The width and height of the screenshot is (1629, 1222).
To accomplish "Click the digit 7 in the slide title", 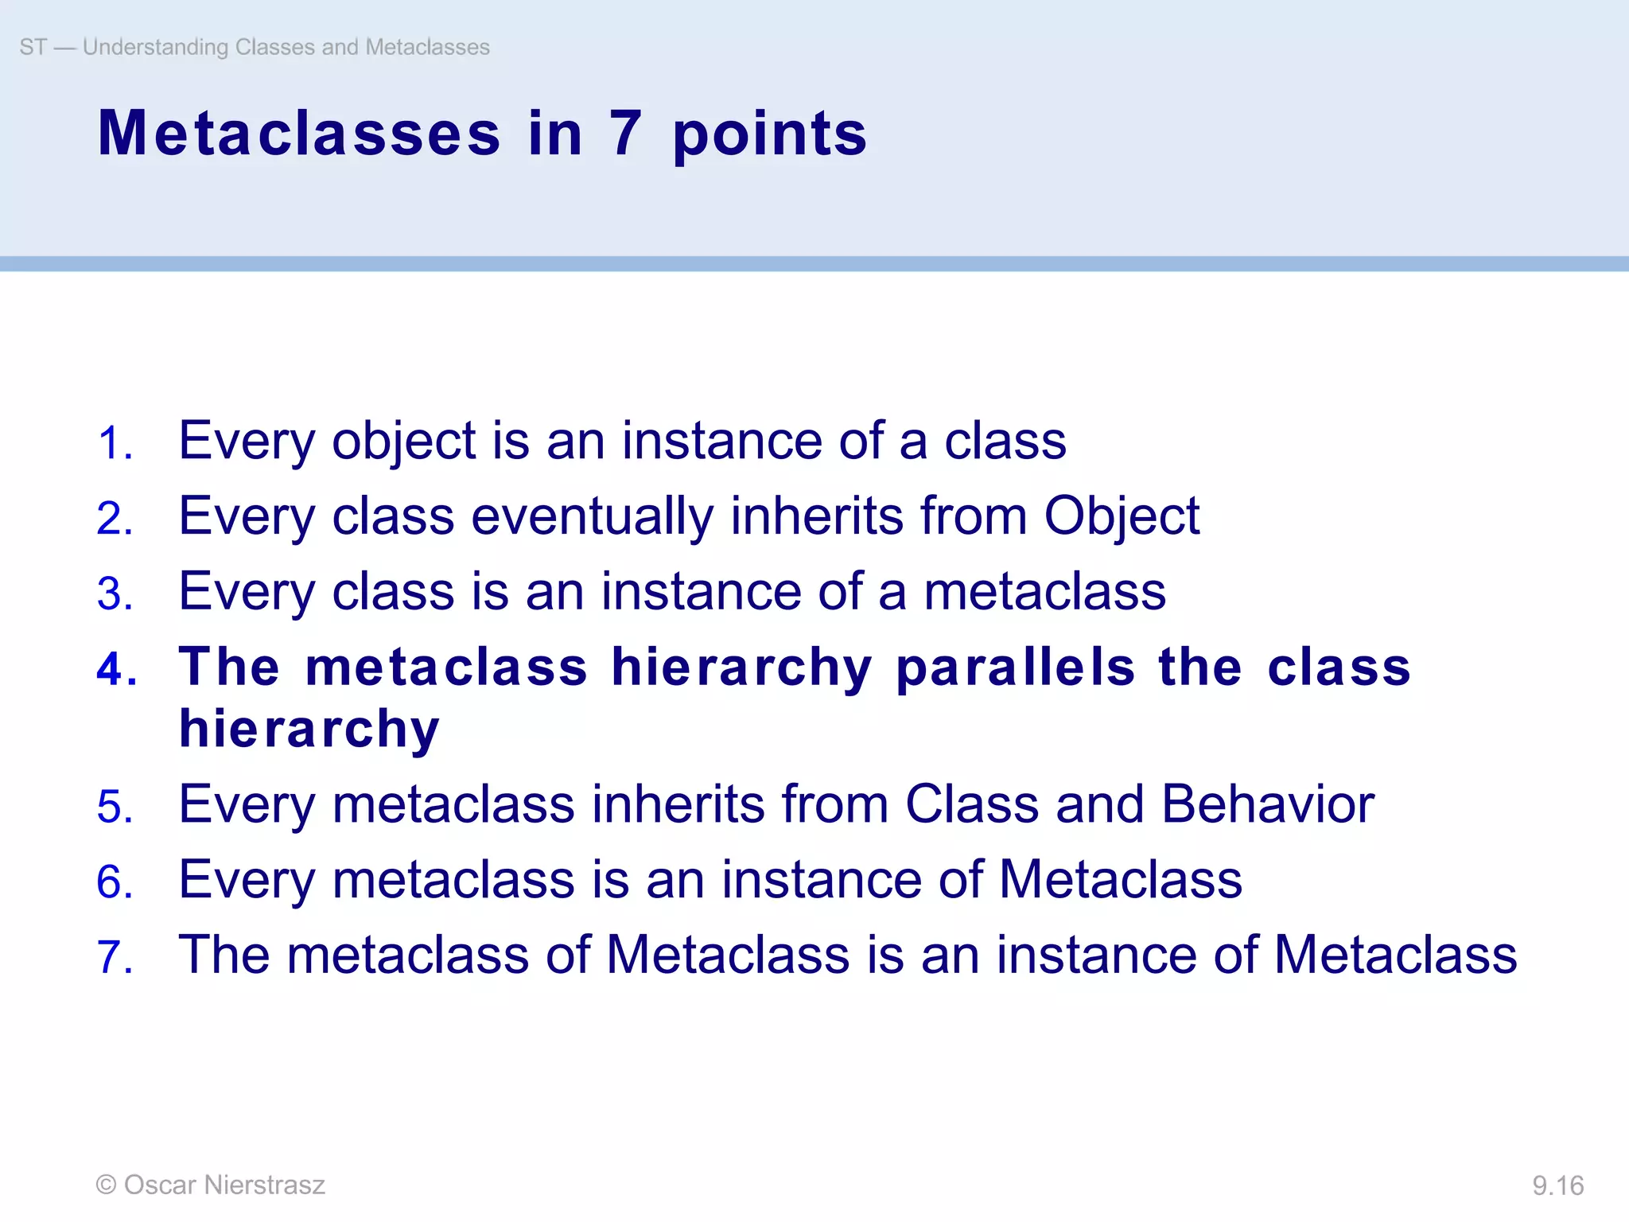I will (x=625, y=134).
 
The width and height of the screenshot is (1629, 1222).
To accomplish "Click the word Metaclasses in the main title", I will (x=299, y=134).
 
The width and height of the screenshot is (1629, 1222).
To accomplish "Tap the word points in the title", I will (x=769, y=135).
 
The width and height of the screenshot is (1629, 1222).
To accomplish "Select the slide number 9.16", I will (x=1557, y=1185).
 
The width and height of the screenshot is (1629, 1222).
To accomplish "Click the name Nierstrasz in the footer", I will (x=264, y=1185).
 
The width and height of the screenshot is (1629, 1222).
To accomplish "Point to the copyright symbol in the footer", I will (x=106, y=1185).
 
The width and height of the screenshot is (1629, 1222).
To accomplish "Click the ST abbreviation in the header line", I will (x=33, y=47).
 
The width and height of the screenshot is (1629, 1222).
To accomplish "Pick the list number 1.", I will (x=115, y=443).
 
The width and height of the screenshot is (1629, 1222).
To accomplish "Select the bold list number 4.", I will (x=116, y=668).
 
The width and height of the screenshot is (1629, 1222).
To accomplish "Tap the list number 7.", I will (x=115, y=956).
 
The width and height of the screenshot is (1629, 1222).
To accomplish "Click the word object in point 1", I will (x=403, y=442).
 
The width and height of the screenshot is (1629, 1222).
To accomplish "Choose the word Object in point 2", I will (x=1121, y=516).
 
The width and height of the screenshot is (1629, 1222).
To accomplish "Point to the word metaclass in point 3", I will (x=1044, y=592).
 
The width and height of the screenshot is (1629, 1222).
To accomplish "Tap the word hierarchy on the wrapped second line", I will (x=309, y=729).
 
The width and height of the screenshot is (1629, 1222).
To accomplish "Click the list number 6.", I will (x=115, y=882).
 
